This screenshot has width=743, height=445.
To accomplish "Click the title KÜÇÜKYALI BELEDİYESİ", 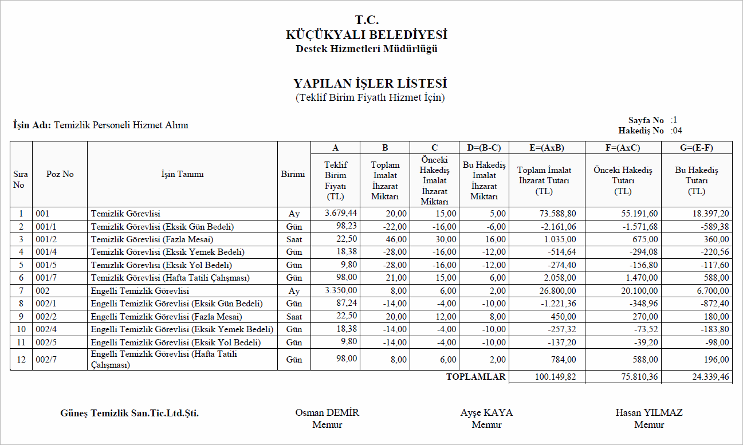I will tap(367, 35).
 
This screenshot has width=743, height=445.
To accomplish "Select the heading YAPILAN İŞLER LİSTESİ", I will tap(370, 84).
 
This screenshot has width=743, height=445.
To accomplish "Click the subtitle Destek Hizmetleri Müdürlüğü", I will tap(367, 49).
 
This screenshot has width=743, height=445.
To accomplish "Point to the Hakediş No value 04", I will tap(676, 131).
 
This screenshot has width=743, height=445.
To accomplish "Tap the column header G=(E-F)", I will tap(697, 148).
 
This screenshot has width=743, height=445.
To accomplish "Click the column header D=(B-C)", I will tap(484, 148).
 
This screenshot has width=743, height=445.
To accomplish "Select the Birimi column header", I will tap(293, 174).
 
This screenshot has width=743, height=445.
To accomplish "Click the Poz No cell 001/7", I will tap(46, 278).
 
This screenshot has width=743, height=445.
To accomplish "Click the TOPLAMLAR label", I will tap(475, 377).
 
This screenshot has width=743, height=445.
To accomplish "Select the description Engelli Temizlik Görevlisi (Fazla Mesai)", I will tap(166, 317).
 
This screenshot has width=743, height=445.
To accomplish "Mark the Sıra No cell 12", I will tap(21, 360).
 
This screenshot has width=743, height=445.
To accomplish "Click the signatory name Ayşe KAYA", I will tap(486, 412).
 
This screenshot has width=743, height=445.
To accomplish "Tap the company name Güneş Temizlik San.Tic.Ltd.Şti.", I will tap(129, 413).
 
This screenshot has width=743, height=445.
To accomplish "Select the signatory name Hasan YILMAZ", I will tap(649, 412).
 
